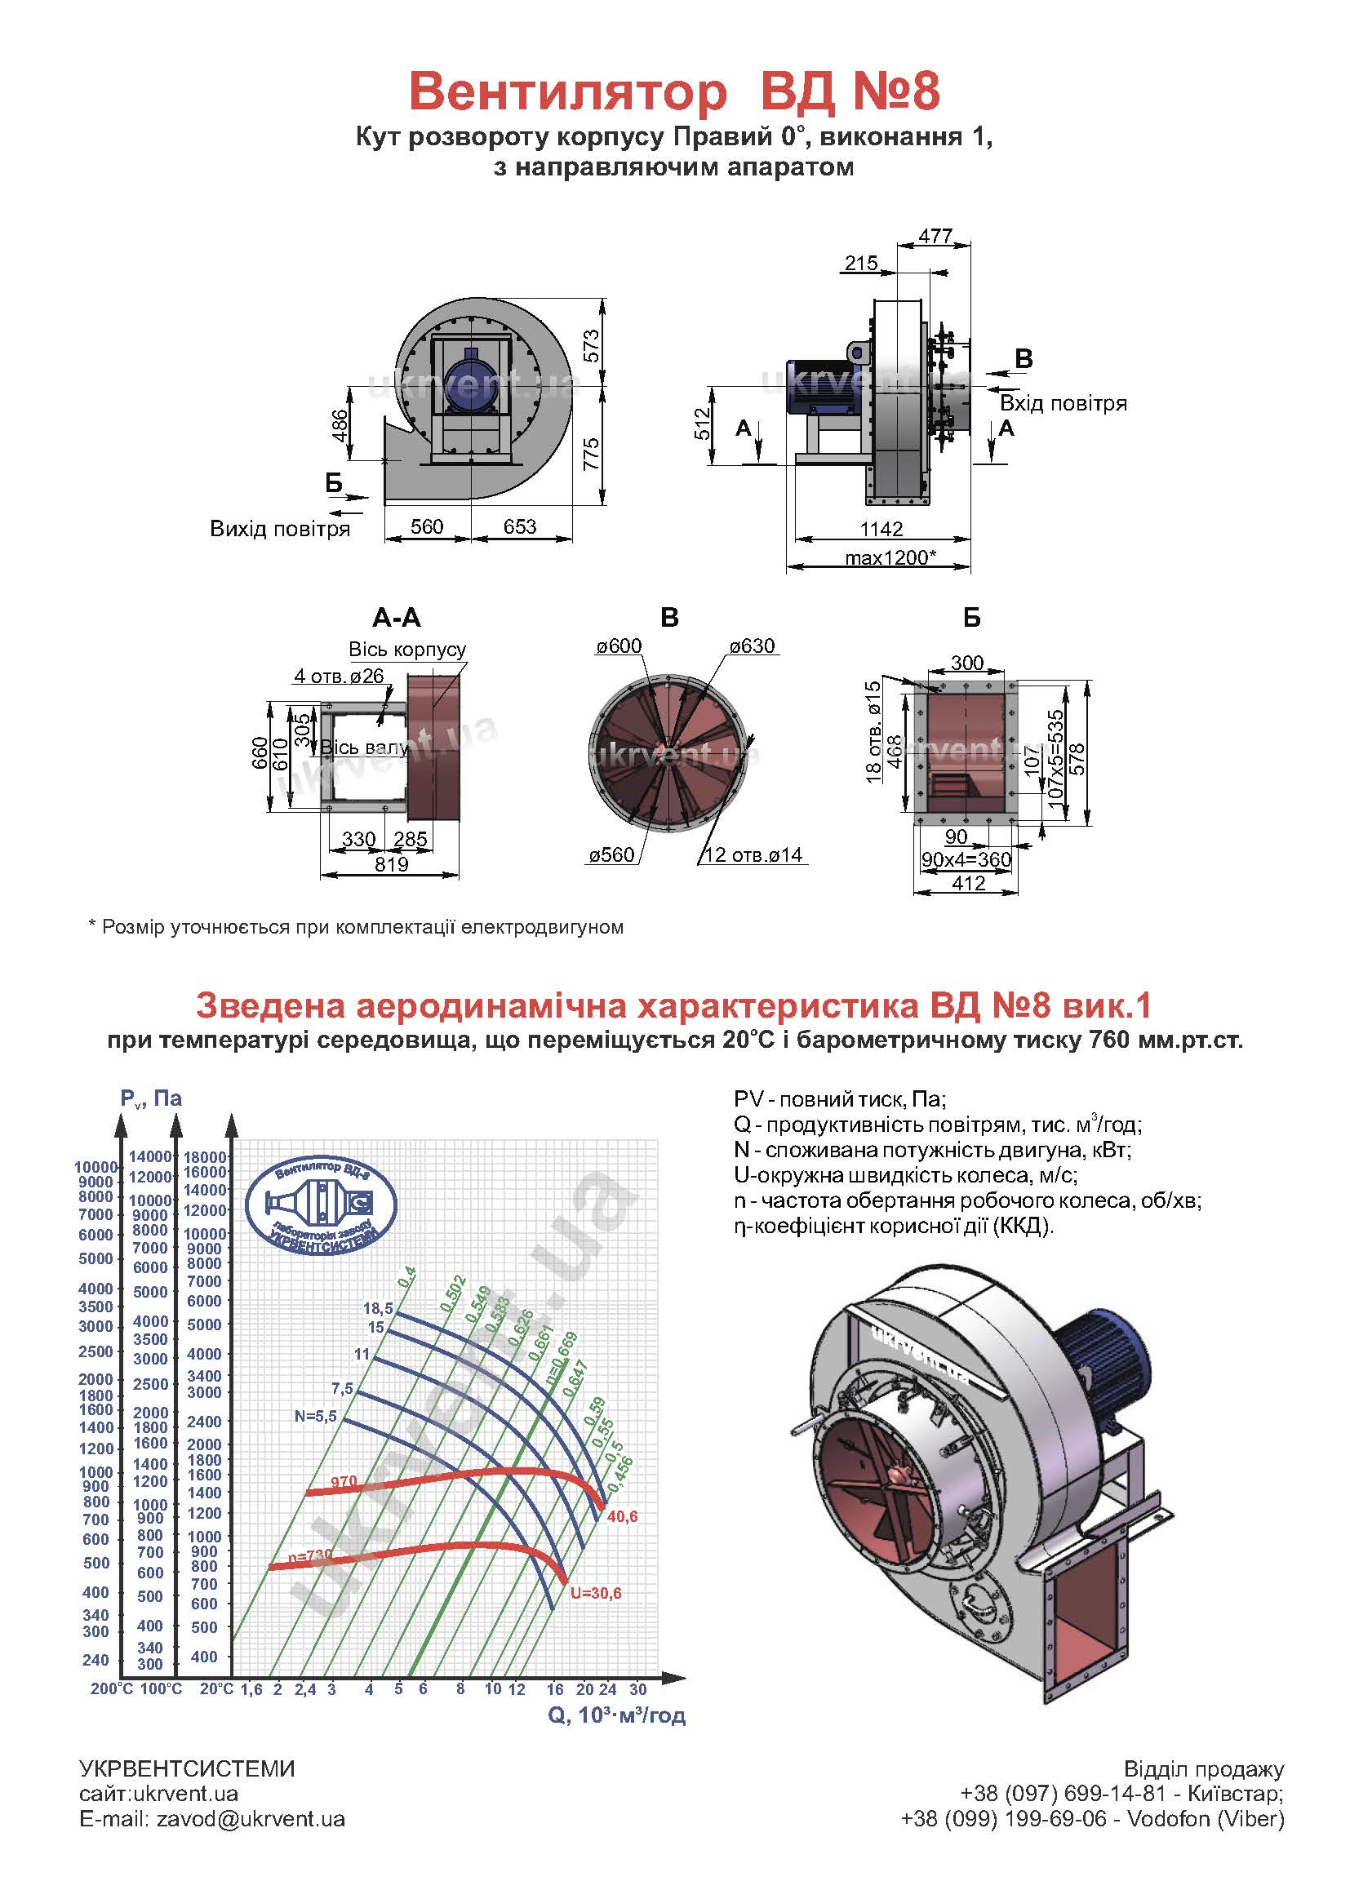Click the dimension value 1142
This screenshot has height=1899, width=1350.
tap(881, 529)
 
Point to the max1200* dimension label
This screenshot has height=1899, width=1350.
tap(890, 557)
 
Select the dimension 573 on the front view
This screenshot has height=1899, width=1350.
tap(591, 347)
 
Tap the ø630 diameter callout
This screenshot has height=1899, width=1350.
tap(753, 646)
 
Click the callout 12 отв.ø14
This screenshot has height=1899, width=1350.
tap(754, 854)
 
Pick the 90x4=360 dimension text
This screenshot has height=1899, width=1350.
tap(966, 859)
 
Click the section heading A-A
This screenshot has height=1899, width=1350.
tap(397, 619)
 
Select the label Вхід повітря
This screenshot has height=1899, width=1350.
tap(1064, 404)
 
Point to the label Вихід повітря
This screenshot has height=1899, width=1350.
tap(279, 530)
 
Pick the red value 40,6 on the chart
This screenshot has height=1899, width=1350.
tap(622, 1517)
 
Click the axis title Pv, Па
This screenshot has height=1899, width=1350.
tap(150, 1098)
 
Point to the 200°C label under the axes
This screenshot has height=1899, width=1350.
tap(111, 1689)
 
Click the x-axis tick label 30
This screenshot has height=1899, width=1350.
tap(637, 1689)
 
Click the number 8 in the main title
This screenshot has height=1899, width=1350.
tap(925, 91)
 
